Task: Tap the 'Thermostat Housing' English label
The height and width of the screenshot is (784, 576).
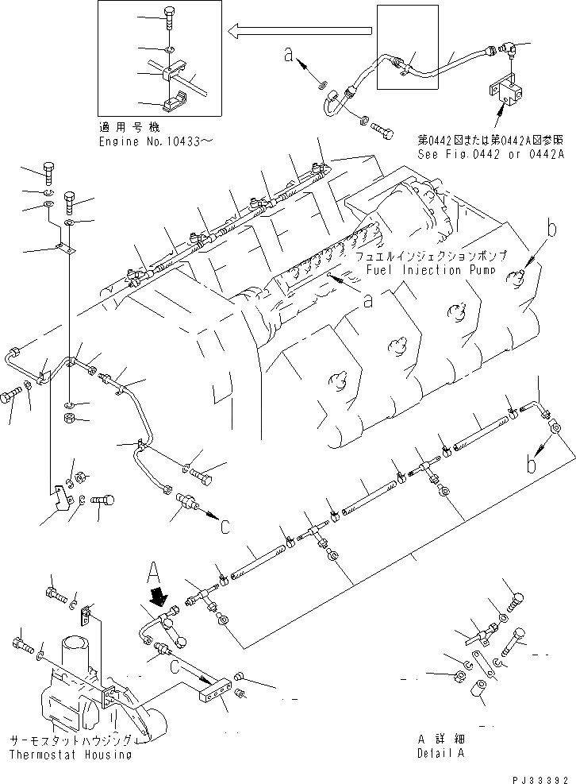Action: tap(71, 755)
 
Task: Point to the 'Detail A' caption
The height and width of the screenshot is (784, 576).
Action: tap(443, 753)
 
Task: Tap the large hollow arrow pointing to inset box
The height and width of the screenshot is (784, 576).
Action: tap(299, 31)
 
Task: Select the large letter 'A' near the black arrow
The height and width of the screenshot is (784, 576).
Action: tap(156, 570)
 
